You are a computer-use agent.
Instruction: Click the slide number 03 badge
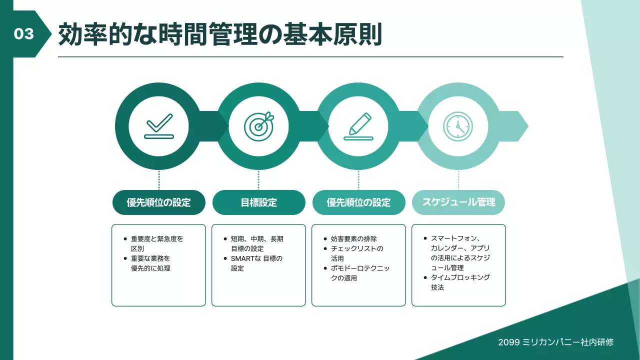pos(24,33)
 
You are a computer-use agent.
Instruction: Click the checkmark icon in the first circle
pos(158,125)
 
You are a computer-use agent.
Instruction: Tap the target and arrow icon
pos(258,125)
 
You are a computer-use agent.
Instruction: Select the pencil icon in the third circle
pos(358,125)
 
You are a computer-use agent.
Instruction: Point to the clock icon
pos(458,125)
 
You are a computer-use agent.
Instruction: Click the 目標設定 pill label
pos(258,202)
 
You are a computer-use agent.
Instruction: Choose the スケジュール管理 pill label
pos(458,202)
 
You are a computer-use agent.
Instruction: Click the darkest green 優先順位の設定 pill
pos(158,202)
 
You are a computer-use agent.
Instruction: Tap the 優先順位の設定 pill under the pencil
pos(358,202)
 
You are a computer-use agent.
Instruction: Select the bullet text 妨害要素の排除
pos(354,238)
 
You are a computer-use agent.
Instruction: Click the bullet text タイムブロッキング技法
pos(460,282)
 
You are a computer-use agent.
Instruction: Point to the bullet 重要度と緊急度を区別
pos(156,243)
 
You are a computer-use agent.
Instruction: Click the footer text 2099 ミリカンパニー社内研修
pos(555,342)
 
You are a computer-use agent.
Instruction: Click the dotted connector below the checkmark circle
pos(159,180)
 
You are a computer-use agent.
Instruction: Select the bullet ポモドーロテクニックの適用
pos(360,273)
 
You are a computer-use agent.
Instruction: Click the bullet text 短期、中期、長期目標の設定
pos(256,243)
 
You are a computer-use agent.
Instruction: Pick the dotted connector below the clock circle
pos(458,180)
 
